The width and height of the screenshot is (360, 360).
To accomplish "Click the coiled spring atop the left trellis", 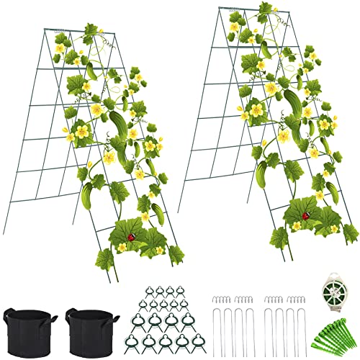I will (62, 31).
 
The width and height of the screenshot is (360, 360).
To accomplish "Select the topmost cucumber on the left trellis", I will (91, 70).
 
